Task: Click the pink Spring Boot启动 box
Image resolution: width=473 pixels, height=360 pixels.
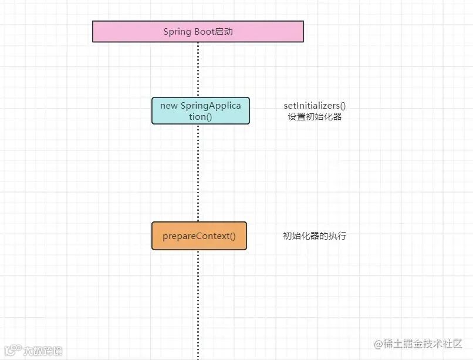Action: pos(198,32)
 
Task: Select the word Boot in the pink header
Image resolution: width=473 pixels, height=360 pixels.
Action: pos(204,32)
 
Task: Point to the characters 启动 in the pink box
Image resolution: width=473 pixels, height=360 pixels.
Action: pos(224,32)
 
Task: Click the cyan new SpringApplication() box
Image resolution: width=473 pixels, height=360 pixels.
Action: pos(200,111)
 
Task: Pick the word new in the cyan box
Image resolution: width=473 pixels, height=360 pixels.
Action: pos(168,106)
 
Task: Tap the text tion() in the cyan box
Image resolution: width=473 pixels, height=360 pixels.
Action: pos(200,116)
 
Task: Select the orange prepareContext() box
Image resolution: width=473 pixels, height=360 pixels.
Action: pos(199,236)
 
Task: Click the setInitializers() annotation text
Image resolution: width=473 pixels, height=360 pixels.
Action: pos(315,106)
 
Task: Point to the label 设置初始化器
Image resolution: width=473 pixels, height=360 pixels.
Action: pos(315,116)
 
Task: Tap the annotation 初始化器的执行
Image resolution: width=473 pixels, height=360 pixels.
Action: pos(315,236)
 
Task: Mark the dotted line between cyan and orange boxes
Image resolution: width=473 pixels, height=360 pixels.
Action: pos(198,173)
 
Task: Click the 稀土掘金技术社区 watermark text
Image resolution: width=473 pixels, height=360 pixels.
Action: pos(424,344)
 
